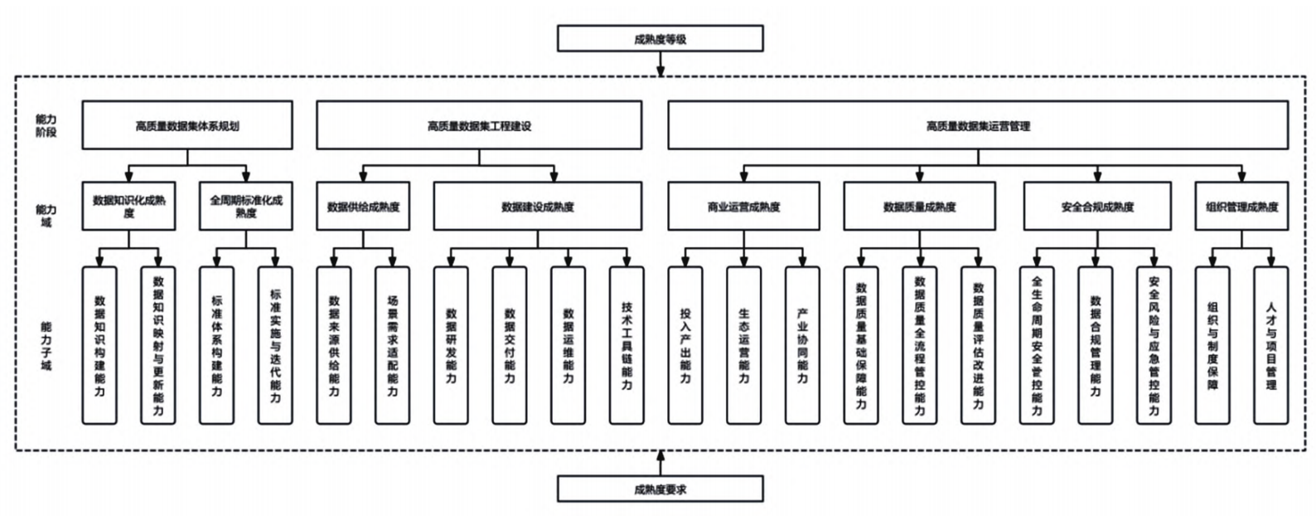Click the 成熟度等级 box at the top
click(x=660, y=38)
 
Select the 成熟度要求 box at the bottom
click(x=660, y=489)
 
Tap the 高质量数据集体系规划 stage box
click(x=187, y=126)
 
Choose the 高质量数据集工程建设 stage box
click(x=479, y=126)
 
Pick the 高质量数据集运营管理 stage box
click(x=978, y=126)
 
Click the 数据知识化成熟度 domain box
click(x=128, y=207)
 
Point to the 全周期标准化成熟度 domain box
click(x=246, y=207)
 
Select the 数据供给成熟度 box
click(x=363, y=207)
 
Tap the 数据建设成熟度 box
click(x=537, y=207)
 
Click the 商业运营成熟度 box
click(x=743, y=207)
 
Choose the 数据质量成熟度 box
click(x=919, y=207)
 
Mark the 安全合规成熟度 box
click(x=1096, y=207)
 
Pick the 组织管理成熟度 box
click(x=1241, y=207)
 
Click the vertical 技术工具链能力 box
click(x=627, y=345)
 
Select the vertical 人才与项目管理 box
click(x=1270, y=345)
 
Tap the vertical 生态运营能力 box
click(x=743, y=345)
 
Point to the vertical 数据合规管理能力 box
click(x=1096, y=345)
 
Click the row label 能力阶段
click(x=46, y=126)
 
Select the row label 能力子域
click(x=46, y=346)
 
